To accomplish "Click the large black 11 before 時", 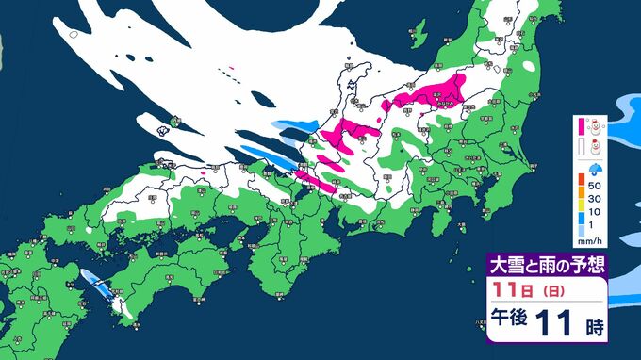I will (557, 324).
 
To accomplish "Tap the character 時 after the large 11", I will (594, 327).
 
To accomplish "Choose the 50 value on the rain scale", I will (598, 187).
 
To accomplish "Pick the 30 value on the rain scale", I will (598, 200).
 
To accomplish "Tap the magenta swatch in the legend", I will (581, 125).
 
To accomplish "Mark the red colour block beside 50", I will (581, 178).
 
